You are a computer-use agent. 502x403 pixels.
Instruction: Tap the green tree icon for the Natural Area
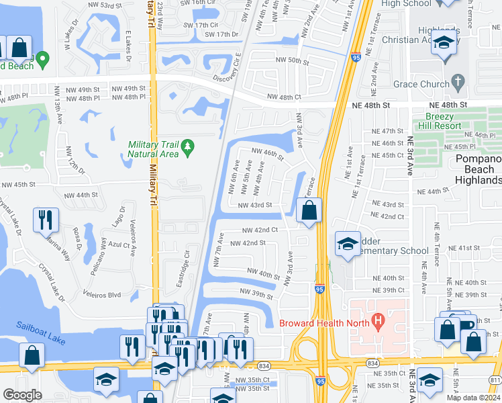[x=189, y=145]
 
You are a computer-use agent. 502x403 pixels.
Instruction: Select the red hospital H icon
[x=379, y=322]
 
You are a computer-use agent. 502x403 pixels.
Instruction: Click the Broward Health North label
[x=324, y=322]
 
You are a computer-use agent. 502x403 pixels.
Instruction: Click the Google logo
[x=22, y=395]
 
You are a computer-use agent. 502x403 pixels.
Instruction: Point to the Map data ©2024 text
[x=473, y=398]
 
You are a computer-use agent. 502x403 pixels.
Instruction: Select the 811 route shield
[x=495, y=381]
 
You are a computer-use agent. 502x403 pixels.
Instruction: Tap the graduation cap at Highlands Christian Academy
[x=444, y=43]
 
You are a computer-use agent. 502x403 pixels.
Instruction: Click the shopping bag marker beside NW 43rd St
[x=308, y=210]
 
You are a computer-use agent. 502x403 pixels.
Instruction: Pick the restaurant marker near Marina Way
[x=46, y=219]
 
